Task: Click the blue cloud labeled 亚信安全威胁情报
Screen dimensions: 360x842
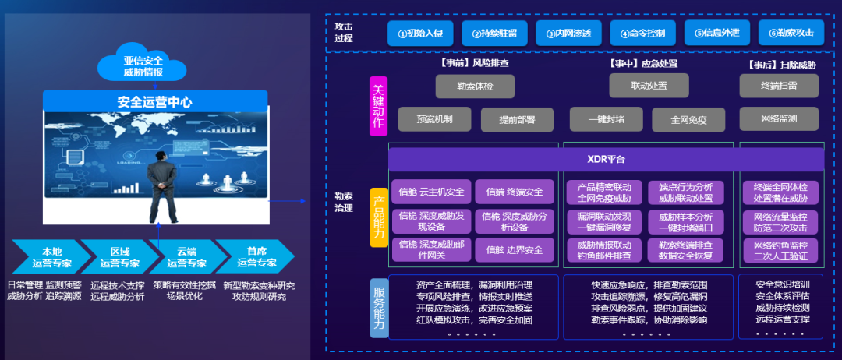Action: pos(143,65)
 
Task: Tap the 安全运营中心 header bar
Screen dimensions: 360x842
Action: pos(154,101)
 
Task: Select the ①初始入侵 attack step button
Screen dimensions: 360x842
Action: pos(419,33)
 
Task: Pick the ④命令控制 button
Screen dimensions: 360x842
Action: pos(642,33)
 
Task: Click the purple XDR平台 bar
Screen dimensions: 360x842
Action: pos(606,160)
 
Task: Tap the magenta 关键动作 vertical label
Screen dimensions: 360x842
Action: pos(378,106)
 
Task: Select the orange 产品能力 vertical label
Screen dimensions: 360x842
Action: pos(378,217)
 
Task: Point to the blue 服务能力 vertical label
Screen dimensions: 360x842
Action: pos(378,306)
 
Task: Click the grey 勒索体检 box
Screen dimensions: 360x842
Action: pos(475,86)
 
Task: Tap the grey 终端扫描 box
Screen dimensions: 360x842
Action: pos(777,86)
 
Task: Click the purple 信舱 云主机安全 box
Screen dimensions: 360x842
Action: pos(431,192)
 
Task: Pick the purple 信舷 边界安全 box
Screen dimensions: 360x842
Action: pos(514,250)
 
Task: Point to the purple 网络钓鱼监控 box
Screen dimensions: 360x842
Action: pos(780,249)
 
